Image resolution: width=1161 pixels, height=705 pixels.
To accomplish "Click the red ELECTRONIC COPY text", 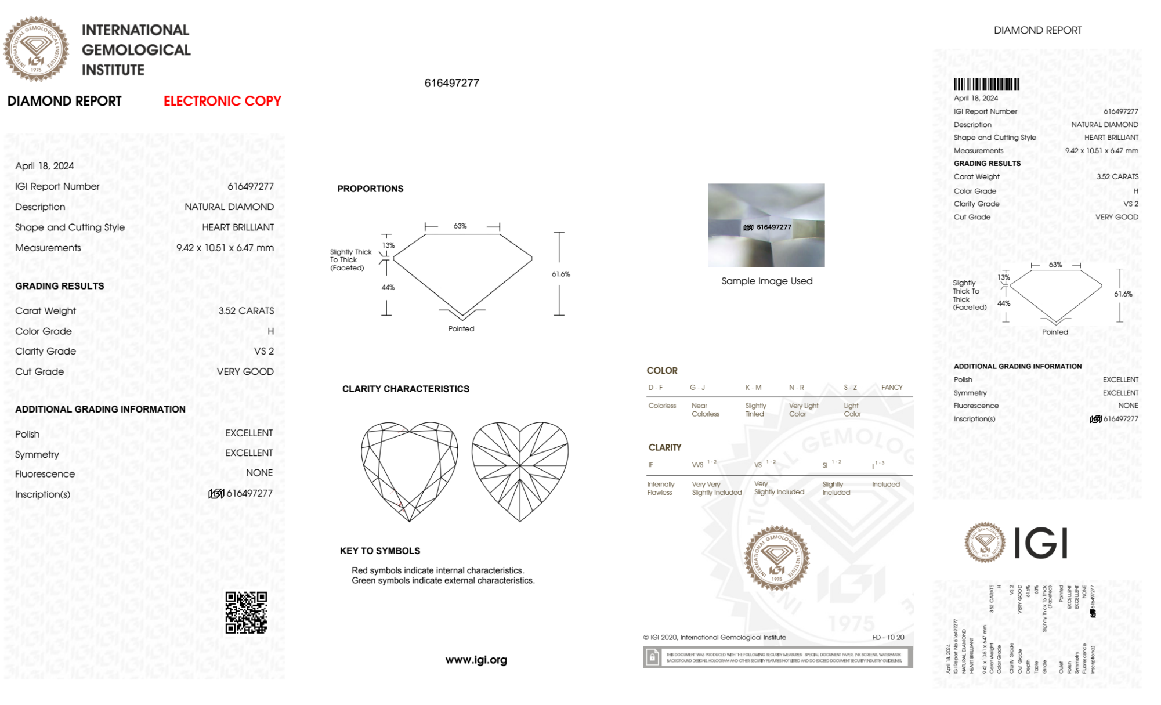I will pyautogui.click(x=222, y=101).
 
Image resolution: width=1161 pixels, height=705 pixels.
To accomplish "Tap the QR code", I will pyautogui.click(x=246, y=613).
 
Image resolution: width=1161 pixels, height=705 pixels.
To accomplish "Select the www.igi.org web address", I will pyautogui.click(x=476, y=660).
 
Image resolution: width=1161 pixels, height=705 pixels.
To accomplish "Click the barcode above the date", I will pyautogui.click(x=986, y=84).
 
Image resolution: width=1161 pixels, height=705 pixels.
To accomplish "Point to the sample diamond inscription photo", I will pyautogui.click(x=766, y=225).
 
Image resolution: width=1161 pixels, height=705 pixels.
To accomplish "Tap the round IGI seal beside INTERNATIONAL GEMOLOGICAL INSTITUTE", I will pyautogui.click(x=36, y=49).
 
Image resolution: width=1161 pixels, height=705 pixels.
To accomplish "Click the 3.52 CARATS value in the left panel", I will pyautogui.click(x=246, y=311).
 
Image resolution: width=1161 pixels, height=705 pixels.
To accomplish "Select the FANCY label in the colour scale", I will pyautogui.click(x=892, y=388).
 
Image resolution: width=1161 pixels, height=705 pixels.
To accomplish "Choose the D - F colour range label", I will pyautogui.click(x=656, y=388).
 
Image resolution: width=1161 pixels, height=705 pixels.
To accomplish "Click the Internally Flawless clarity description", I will pyautogui.click(x=660, y=489).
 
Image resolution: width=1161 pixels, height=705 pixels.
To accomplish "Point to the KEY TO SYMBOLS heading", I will pyautogui.click(x=380, y=551).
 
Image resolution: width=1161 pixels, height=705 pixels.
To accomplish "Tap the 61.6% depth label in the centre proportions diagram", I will pyautogui.click(x=560, y=274).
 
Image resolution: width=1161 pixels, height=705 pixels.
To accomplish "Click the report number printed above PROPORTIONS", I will pyautogui.click(x=451, y=84).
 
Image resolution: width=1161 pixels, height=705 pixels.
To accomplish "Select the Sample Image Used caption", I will pyautogui.click(x=766, y=281).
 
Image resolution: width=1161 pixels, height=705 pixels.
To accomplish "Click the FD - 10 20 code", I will pyautogui.click(x=888, y=637).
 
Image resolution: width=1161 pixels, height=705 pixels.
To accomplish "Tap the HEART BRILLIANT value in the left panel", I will pyautogui.click(x=238, y=227).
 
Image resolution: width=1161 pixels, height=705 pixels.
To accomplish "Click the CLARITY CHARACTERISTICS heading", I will pyautogui.click(x=406, y=389).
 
